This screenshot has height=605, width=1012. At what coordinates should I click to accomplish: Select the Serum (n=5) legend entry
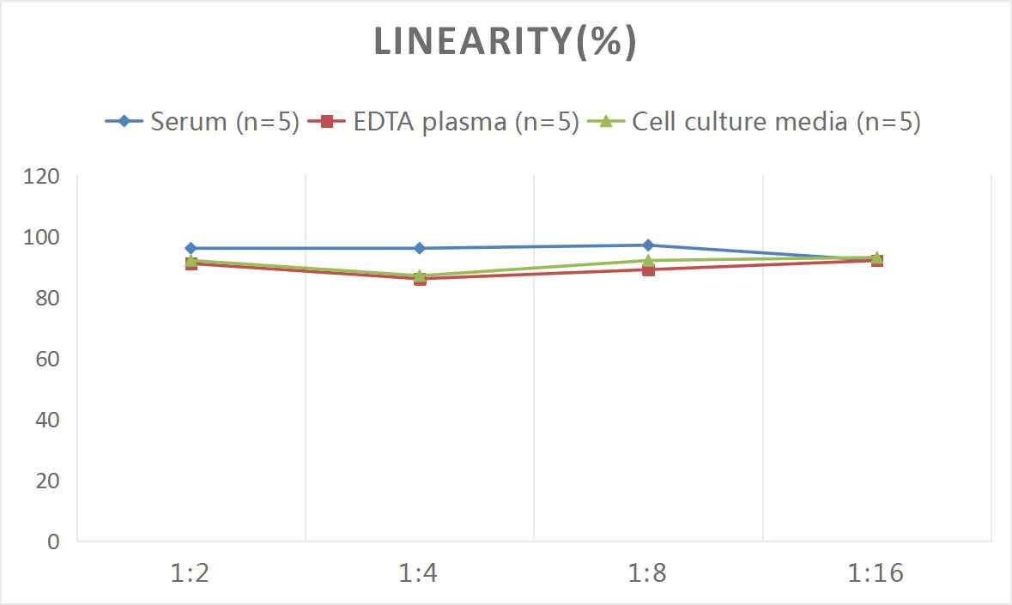[x=202, y=122]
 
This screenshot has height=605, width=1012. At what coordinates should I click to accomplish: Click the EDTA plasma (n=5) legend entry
[x=443, y=122]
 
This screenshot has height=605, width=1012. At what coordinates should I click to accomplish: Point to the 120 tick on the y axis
[x=42, y=177]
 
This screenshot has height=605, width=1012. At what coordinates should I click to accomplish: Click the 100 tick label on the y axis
[x=42, y=238]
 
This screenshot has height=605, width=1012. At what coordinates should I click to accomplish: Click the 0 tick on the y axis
[x=53, y=541]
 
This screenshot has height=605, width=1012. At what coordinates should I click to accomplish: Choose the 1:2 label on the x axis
[x=191, y=573]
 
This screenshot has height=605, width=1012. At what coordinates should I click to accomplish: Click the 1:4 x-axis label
[x=420, y=573]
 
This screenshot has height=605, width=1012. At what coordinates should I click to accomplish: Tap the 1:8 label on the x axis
[x=648, y=573]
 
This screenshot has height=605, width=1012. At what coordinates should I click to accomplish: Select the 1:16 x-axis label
[x=876, y=573]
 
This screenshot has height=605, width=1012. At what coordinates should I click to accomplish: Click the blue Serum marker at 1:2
[x=191, y=248]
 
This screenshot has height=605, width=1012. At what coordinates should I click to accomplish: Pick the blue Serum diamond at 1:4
[x=420, y=248]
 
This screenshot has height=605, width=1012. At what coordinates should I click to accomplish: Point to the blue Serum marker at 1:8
[x=648, y=245]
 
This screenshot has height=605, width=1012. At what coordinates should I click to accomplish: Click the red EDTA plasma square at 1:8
[x=648, y=269]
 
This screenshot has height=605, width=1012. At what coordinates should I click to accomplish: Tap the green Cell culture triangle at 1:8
[x=648, y=260]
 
